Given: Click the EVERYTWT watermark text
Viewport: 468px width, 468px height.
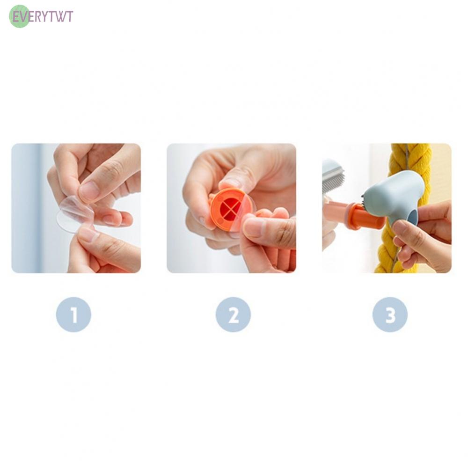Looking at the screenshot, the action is (x=42, y=16).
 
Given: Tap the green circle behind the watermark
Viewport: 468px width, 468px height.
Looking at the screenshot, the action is (x=20, y=16).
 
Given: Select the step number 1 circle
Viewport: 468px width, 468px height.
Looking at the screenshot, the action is (x=74, y=314).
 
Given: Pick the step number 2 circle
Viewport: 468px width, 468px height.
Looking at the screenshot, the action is (x=233, y=314).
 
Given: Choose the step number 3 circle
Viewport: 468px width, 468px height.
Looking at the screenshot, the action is (x=390, y=314).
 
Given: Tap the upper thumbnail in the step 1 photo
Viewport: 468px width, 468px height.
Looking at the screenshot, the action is (x=88, y=190).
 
